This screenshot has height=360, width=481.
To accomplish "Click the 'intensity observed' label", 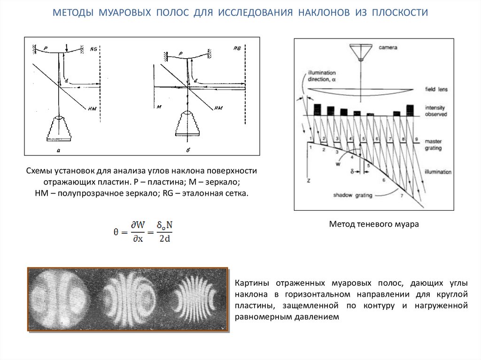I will coord(436,111).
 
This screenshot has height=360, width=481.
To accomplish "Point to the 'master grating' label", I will coord(433,145).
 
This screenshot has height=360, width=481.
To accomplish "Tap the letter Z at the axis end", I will coord(308,180).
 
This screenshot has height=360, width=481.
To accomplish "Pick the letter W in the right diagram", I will coord(338,164).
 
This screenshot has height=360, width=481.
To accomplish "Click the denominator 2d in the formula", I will coord(165,238).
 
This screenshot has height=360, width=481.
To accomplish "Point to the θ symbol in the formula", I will coord(116,231).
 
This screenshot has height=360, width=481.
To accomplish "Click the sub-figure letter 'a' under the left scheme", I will coord(58,150).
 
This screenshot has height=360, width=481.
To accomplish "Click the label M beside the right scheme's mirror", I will coord(159,107).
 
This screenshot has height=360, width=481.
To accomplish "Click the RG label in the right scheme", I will coord(237,48).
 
